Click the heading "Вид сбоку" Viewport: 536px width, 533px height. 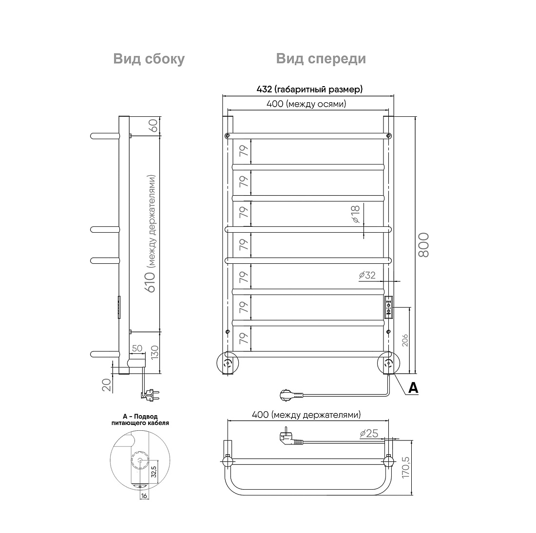(x=149, y=59)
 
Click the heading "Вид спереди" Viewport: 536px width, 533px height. (x=321, y=59)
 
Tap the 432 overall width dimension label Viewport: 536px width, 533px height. (x=309, y=89)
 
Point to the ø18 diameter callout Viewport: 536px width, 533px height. (x=356, y=214)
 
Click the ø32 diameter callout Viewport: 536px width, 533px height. (x=367, y=275)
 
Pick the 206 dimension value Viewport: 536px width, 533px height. (x=405, y=340)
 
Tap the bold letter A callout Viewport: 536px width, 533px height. (x=413, y=388)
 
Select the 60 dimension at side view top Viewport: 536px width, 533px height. (x=153, y=125)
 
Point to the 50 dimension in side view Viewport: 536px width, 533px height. (x=137, y=348)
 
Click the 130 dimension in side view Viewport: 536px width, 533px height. (x=154, y=352)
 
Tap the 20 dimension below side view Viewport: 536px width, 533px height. (x=107, y=385)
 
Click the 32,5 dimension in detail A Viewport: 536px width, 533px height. (x=153, y=471)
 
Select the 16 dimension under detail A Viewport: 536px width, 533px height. (x=144, y=496)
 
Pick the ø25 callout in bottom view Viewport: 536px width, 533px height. (x=369, y=433)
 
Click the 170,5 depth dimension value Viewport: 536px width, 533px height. (x=405, y=467)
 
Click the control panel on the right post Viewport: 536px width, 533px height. (x=389, y=307)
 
